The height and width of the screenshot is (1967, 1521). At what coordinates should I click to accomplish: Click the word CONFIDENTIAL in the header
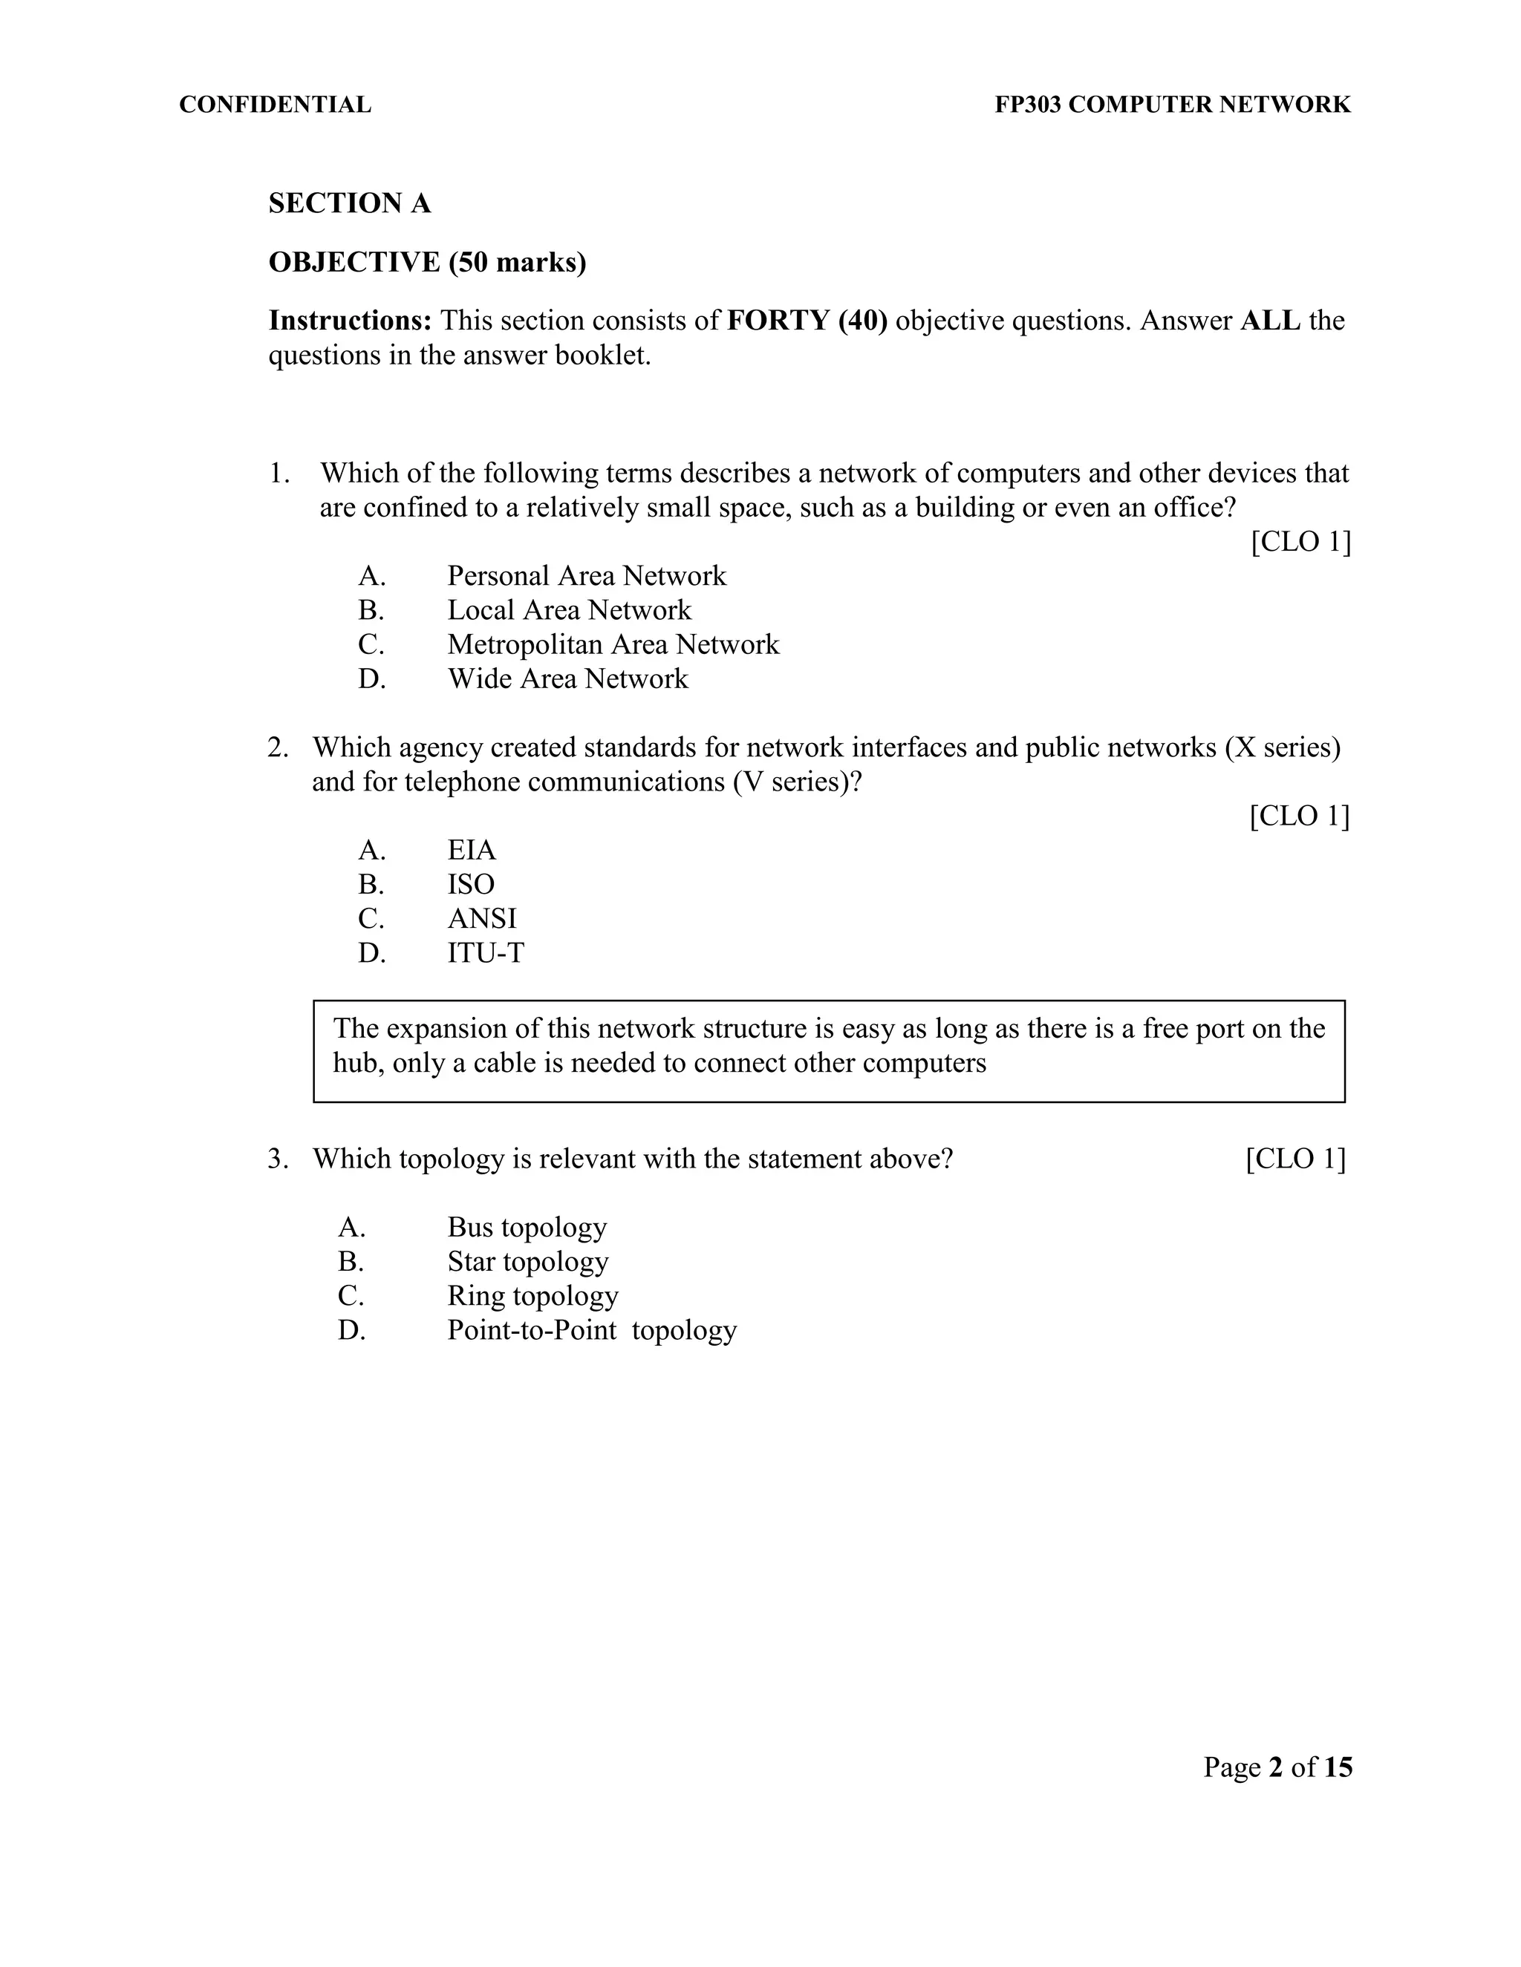coord(275,105)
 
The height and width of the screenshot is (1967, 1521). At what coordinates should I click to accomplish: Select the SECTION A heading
coord(350,203)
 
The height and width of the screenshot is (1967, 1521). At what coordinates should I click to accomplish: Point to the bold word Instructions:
coord(351,321)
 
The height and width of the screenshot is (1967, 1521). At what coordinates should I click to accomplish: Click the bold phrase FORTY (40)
coord(807,321)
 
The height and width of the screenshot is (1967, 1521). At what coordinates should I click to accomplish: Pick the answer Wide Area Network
coord(567,678)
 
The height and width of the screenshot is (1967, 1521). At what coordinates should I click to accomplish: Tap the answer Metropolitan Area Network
coord(613,644)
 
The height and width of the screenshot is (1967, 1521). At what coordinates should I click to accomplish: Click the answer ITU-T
coord(485,953)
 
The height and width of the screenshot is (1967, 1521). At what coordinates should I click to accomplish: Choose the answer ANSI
coord(481,919)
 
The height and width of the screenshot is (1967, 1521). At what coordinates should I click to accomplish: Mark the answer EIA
coord(472,850)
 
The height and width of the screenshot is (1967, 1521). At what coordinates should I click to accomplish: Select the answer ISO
coord(470,885)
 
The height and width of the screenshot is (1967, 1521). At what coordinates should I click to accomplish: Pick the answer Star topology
coord(527,1262)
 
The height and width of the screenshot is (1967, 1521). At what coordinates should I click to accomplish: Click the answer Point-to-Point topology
coord(591,1330)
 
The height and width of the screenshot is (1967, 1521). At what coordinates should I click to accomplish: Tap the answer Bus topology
coord(527,1228)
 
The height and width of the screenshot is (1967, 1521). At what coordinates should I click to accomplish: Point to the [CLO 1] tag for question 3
coord(1294,1159)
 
